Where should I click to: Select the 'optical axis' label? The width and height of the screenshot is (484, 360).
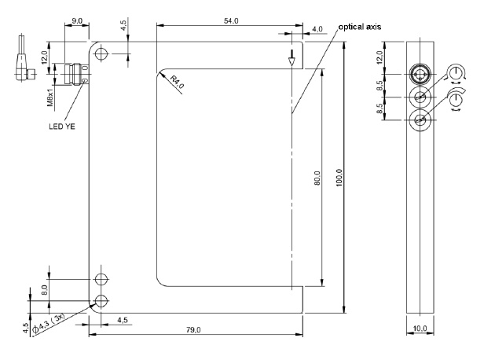point(361,26)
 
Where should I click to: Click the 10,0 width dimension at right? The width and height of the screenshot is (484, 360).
point(420,327)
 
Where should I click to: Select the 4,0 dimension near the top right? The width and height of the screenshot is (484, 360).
point(317,29)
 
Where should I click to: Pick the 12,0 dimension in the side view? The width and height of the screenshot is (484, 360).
point(402,58)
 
